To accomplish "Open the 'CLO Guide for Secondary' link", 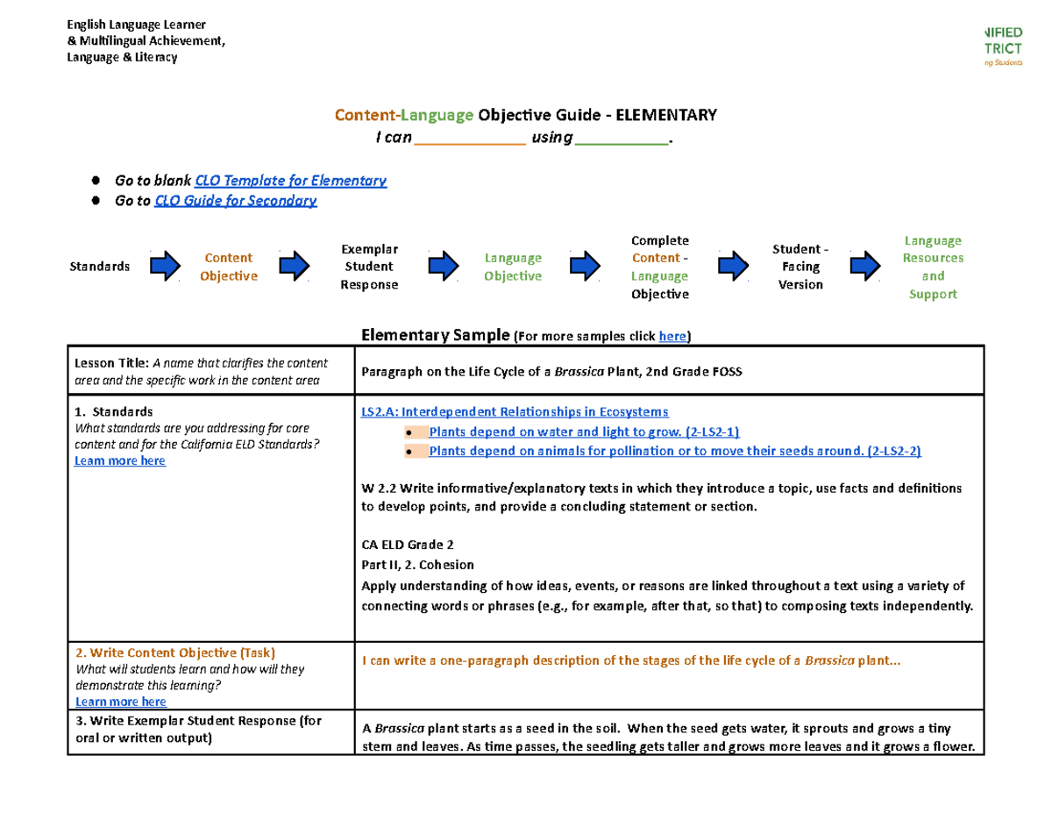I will pyautogui.click(x=236, y=201).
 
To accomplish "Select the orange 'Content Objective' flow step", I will pyautogui.click(x=228, y=267).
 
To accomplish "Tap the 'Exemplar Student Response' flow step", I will pyautogui.click(x=369, y=267).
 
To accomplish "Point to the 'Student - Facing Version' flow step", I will pyautogui.click(x=800, y=267).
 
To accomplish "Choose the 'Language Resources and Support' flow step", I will pyautogui.click(x=933, y=267).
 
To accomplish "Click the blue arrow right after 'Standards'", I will pyautogui.click(x=165, y=266).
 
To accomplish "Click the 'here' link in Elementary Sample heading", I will pyautogui.click(x=672, y=336).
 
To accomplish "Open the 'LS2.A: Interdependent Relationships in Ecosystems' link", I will pyautogui.click(x=515, y=411).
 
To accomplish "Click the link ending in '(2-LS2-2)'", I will pyautogui.click(x=675, y=451).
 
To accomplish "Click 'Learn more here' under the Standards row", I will pyautogui.click(x=120, y=461).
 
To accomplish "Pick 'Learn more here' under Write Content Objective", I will pyautogui.click(x=121, y=702).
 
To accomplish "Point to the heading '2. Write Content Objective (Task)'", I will pyautogui.click(x=175, y=653).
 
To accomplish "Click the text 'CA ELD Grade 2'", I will pyautogui.click(x=408, y=544).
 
